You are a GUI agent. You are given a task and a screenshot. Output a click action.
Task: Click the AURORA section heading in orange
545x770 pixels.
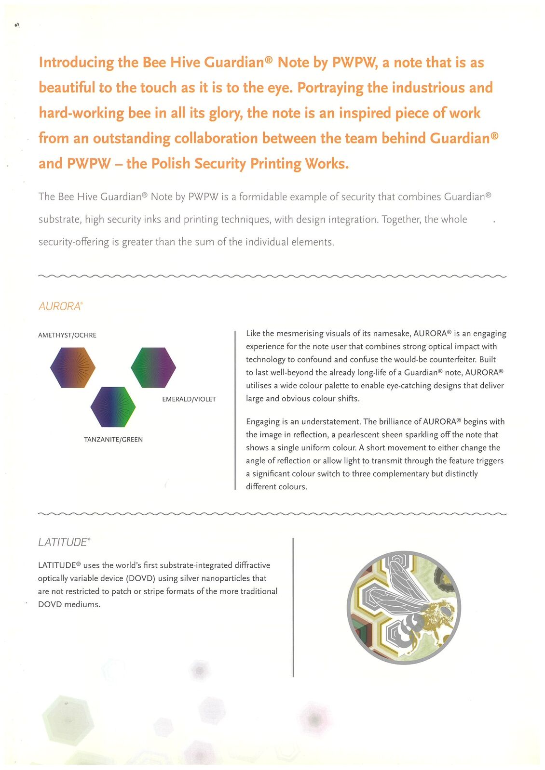pos(60,306)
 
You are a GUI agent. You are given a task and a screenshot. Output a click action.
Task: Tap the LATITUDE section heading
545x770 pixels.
pos(64,542)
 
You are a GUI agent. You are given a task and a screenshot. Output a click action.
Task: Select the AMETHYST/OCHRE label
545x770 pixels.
pos(67,335)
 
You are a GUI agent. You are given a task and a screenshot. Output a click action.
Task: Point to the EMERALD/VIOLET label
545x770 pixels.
pos(189,399)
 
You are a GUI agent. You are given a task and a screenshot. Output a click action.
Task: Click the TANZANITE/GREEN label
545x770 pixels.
pos(113,440)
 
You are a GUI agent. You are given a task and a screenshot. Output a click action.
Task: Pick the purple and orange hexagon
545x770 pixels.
pos(73,368)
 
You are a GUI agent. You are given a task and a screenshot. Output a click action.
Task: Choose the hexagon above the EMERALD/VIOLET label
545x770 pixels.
pos(153,368)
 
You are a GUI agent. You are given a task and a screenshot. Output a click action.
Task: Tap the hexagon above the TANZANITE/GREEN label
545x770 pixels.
pos(113,407)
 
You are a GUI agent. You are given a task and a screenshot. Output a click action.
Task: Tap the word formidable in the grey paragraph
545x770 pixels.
pos(263,197)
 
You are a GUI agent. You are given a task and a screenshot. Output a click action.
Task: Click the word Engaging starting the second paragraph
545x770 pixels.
pos(262,422)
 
